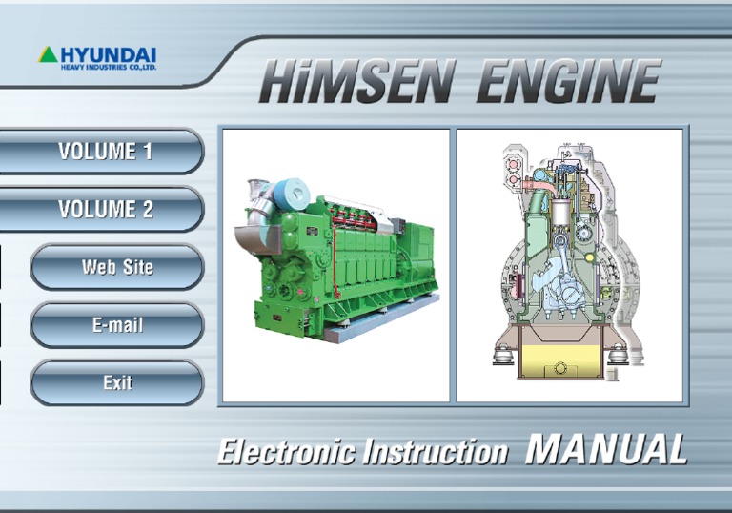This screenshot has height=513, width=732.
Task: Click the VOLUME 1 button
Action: [105, 151]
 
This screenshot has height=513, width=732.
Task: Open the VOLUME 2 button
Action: [105, 209]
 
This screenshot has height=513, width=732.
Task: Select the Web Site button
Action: [117, 267]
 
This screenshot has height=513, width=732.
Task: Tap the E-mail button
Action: [117, 325]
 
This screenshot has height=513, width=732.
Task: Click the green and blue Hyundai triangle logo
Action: [48, 54]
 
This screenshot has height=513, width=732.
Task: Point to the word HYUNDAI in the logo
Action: [107, 53]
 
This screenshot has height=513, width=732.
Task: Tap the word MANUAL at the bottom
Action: [605, 448]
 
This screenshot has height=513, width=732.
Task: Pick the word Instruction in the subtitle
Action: [435, 451]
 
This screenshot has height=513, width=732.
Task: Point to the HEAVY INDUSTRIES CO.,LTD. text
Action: [109, 67]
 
